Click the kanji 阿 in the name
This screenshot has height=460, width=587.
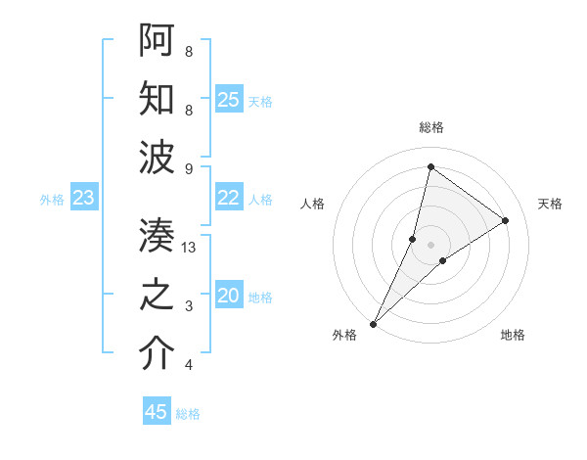coord(158,39)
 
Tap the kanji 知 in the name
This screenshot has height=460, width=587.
coord(158,99)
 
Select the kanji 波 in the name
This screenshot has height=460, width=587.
coord(158,158)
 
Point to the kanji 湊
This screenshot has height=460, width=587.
coord(158,236)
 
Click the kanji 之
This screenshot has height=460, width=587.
coord(158,296)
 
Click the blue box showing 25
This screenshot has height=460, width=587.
coord(229,100)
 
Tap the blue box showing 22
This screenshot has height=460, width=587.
coord(229,198)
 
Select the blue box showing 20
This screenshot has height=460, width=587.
coord(229,297)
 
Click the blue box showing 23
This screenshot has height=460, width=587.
coord(83,199)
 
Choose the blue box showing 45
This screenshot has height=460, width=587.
coord(157,412)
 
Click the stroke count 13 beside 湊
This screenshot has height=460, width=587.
coord(190,248)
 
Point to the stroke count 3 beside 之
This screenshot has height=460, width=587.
coord(188,306)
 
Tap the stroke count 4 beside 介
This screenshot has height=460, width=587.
coord(188,366)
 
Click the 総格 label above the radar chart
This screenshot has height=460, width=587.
coord(431,127)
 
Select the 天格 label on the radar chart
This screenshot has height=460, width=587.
coord(550,204)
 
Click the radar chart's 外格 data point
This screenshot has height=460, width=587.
coord(373,323)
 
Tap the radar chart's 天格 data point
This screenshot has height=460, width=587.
coord(506,220)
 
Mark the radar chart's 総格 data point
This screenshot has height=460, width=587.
coord(430,166)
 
